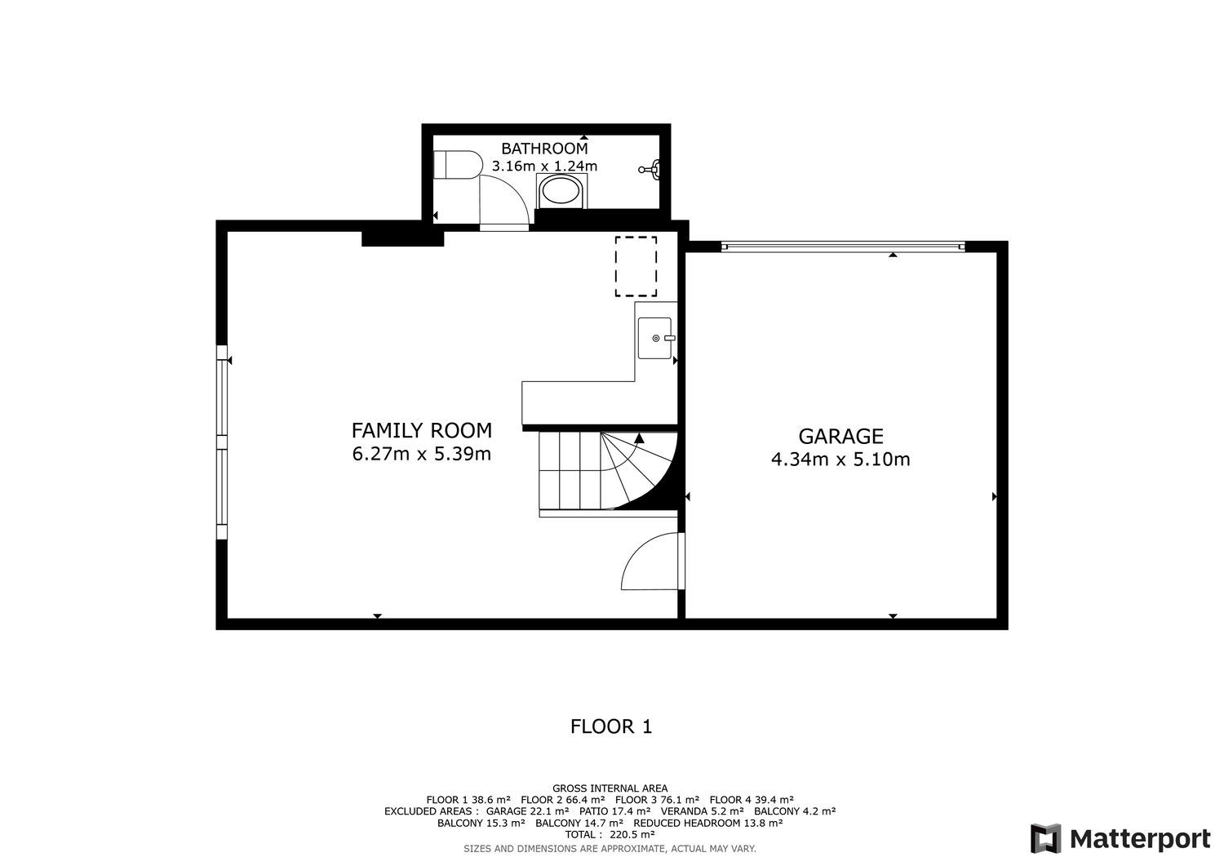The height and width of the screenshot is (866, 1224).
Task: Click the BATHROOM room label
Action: point(544,149)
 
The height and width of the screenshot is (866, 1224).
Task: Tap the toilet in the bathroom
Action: point(458,165)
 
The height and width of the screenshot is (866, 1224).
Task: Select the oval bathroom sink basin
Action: point(561,192)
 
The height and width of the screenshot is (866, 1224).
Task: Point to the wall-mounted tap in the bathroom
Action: point(650,169)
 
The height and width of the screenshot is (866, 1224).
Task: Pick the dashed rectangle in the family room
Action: point(636,266)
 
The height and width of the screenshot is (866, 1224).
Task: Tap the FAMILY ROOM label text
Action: point(421,430)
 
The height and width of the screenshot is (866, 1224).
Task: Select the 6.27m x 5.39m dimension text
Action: point(421,454)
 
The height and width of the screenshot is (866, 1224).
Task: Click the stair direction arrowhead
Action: point(639,437)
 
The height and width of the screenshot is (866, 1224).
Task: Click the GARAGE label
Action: point(840,436)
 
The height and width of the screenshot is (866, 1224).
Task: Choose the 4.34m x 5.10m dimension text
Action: point(840,459)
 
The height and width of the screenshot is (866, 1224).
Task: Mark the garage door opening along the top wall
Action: point(843,247)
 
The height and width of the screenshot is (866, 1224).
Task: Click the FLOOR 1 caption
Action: point(611,726)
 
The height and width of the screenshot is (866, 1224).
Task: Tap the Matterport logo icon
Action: point(1045,838)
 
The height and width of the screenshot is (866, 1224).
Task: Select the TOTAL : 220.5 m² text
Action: point(610,834)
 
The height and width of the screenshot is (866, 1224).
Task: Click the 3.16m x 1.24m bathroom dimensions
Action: point(544,166)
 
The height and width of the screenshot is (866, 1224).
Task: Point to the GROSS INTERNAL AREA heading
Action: point(610,788)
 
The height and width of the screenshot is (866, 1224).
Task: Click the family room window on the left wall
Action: point(221,442)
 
